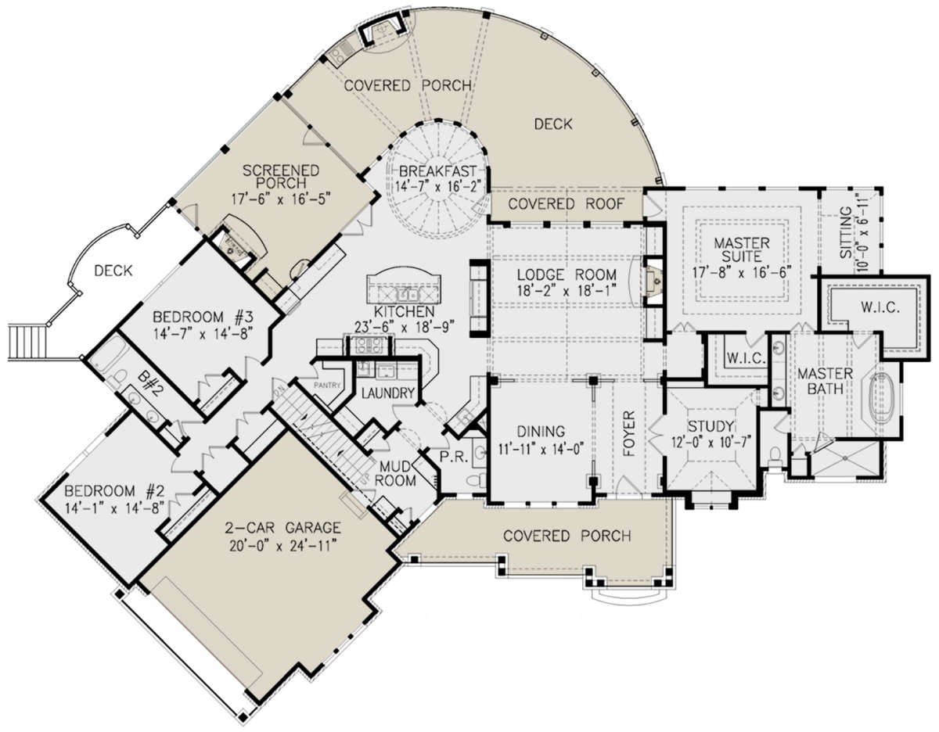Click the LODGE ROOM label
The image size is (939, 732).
567,274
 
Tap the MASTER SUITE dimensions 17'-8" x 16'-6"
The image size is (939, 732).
742,273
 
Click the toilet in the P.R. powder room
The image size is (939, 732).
477,479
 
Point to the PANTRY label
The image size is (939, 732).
327,386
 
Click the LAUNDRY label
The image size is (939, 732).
387,393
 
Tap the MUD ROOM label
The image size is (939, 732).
395,474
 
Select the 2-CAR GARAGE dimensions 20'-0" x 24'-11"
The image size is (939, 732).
282,547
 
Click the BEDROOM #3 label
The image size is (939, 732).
202,318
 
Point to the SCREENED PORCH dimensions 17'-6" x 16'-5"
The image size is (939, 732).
281,200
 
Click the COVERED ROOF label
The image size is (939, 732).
566,204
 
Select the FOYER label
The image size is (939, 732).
629,433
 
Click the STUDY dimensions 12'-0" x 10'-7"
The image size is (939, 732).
711,442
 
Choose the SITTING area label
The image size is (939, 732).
846,233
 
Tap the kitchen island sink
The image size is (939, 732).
408,295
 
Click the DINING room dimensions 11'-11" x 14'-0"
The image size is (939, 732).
541,449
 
